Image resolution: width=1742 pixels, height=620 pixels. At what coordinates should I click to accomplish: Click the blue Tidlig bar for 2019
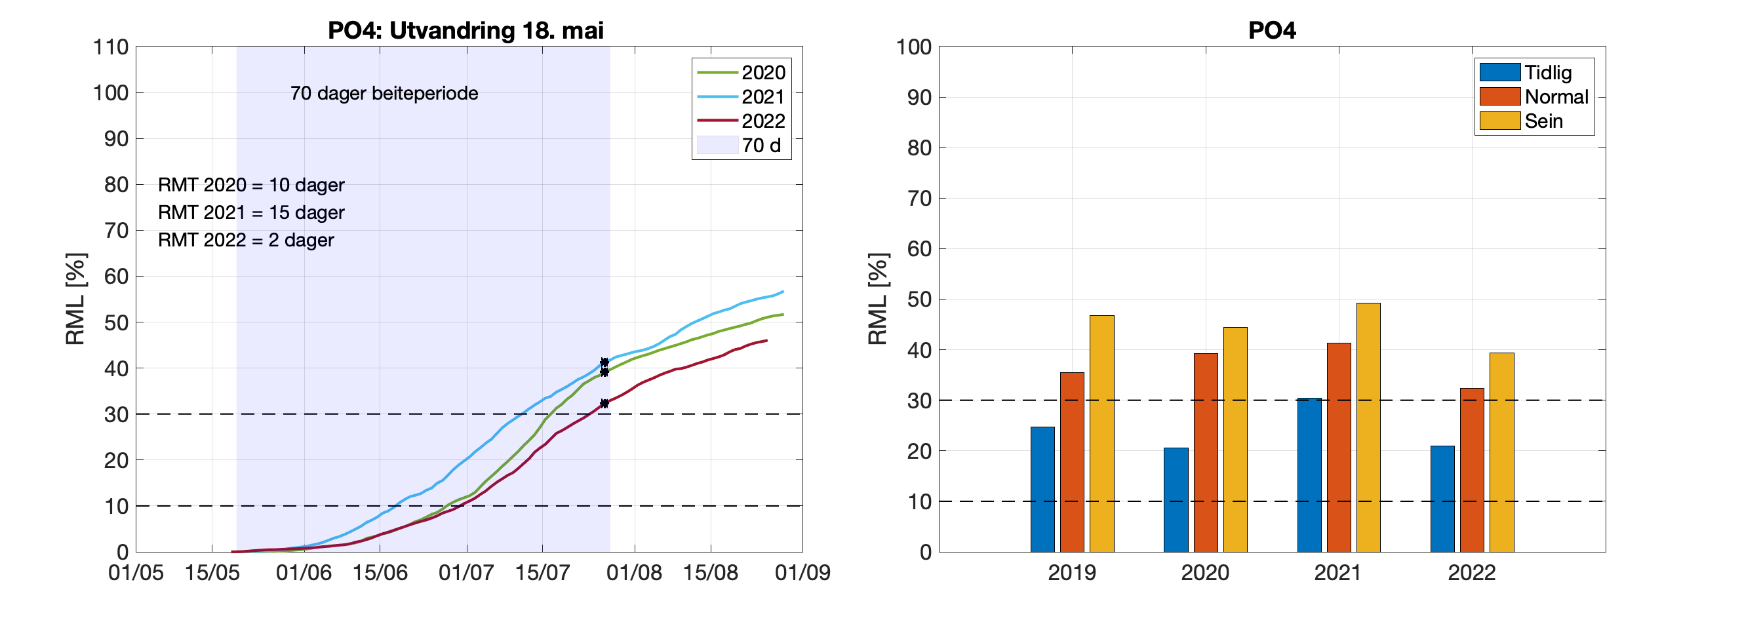coord(1042,489)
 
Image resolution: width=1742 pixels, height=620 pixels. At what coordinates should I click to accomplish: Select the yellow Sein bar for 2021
coord(1368,427)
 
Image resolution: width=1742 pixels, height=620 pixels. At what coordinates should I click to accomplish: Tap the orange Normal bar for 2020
coord(1205,452)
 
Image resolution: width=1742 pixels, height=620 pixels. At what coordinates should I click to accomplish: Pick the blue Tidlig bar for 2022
coord(1442,498)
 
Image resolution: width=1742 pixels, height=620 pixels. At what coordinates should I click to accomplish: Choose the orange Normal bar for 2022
coord(1472,470)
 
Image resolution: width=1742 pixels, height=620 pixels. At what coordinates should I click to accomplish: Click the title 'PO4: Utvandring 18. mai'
coord(465,30)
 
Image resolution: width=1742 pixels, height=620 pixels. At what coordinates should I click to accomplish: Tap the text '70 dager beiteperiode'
coord(384,93)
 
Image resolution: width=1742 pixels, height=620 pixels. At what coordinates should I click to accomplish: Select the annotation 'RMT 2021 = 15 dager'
coord(251,212)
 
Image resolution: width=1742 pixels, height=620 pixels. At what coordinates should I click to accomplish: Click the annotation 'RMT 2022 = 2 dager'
coord(245,240)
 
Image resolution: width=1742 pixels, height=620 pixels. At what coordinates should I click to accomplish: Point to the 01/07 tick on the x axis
coord(466,573)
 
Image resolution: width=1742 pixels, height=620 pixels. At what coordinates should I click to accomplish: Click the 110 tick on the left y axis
coord(111,47)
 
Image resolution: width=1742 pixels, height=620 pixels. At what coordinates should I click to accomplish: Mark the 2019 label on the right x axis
coord(1072,573)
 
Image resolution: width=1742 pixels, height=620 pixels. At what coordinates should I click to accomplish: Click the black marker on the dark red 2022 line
coord(604,404)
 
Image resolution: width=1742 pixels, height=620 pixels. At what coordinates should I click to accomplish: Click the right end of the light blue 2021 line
coord(782,292)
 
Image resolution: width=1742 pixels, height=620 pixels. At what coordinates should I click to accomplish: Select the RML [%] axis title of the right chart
coord(877,299)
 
